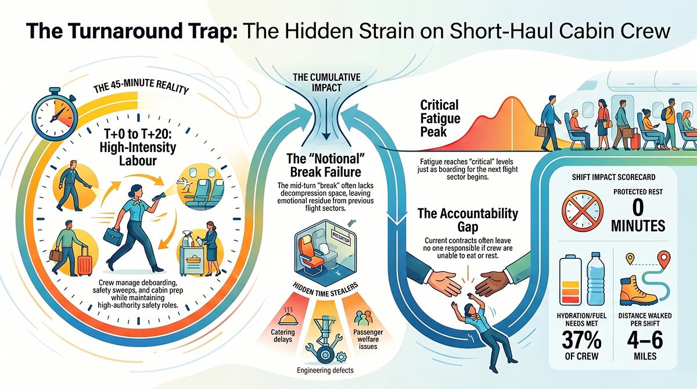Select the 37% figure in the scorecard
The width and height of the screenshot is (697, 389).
pos(581,340)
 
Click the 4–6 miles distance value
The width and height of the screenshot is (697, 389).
pos(645,340)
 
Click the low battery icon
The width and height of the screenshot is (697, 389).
pos(570,280)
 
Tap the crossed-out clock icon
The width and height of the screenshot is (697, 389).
pos(583,211)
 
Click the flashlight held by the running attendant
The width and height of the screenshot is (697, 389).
pos(160,196)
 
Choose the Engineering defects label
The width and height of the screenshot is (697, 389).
pos(325,370)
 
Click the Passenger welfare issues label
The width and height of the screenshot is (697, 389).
pos(368,339)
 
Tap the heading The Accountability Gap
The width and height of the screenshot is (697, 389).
pos(468,220)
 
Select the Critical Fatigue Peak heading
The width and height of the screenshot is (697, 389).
pos(440,118)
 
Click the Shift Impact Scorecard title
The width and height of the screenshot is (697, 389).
pos(613,177)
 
